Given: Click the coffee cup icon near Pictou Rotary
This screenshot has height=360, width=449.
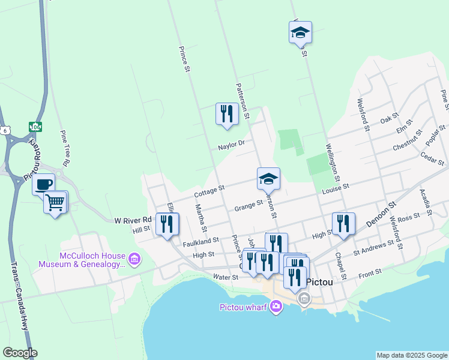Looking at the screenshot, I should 43,184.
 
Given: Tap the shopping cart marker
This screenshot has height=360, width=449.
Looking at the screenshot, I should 55,203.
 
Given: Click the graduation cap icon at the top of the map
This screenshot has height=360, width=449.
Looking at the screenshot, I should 300,34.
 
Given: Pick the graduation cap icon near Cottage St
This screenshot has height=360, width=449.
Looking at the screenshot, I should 268,178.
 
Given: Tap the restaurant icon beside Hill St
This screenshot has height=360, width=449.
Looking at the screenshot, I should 167,224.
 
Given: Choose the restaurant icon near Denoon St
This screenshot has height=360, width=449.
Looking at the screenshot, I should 343,223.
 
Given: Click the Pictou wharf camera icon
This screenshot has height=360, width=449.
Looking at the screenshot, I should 276,307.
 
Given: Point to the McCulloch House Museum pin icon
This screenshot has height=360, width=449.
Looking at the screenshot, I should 134,259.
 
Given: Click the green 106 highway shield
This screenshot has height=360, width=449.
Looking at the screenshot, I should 35,127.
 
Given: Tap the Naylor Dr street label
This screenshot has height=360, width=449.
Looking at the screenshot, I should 231,144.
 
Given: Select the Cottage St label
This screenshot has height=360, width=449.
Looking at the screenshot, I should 209,191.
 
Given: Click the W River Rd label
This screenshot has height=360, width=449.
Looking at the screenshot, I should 132,221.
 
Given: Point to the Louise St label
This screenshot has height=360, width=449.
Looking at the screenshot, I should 335,189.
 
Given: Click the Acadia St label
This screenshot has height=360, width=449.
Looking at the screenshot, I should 427,202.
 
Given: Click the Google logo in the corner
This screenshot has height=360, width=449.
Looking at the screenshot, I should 19,353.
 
